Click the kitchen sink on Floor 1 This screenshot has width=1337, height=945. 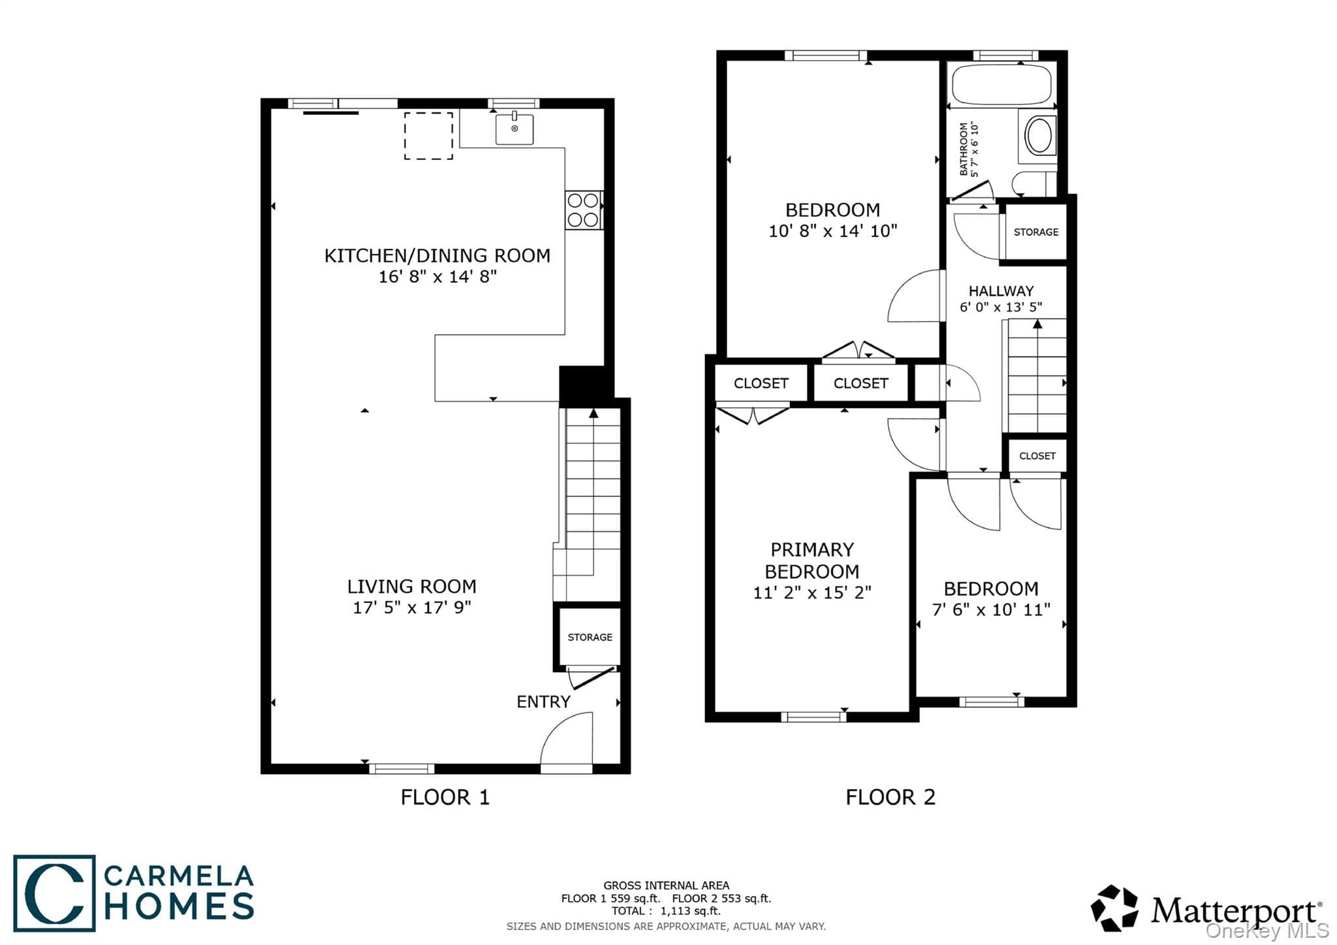pos(514,129)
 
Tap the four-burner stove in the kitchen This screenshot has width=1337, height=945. pos(583,210)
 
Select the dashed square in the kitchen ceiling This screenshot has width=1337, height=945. pos(428,136)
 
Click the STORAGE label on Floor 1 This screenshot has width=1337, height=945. pos(590,637)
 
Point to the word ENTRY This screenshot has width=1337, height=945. pos(543,701)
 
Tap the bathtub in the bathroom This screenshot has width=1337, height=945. pos(1001,85)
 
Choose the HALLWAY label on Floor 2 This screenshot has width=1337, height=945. pos(1001,291)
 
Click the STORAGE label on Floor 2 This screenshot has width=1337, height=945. pos(1036,232)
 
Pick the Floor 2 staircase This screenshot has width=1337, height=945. pos(1036,376)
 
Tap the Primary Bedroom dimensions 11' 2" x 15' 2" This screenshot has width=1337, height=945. pos(812,592)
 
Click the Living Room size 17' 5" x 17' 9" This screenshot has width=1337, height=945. pos(412,607)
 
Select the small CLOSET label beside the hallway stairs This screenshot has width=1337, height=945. pos(1037,456)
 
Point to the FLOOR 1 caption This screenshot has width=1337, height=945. pos(445,797)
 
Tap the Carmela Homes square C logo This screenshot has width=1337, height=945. pos(54,893)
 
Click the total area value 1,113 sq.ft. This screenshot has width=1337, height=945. pos(690,911)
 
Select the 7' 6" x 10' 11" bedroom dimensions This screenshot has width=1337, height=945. pos(991,610)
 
